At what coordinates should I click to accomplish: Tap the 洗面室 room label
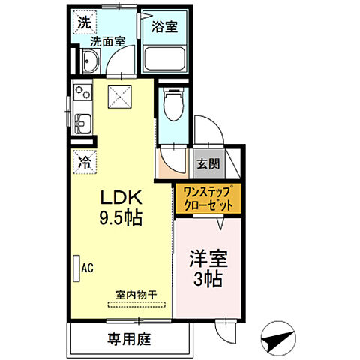click(x=106, y=43)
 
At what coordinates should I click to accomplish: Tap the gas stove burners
click(x=82, y=96)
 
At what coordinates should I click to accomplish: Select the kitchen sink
click(x=82, y=121)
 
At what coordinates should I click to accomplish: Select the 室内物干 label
click(x=136, y=295)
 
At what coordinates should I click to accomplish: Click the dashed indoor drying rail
click(x=136, y=304)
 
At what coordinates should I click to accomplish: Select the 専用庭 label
click(x=129, y=339)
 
